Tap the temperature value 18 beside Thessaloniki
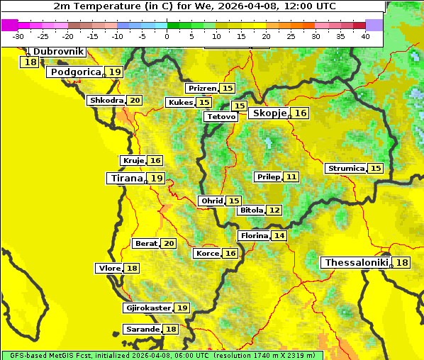point(402,263)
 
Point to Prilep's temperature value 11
point(291,176)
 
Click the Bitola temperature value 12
point(274,210)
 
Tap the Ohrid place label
point(211,201)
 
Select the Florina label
point(254,235)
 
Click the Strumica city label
point(345,169)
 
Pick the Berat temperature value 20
point(169,244)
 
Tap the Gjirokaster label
point(147,308)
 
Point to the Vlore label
point(109,268)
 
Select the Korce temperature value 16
point(230,254)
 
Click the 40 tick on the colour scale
point(365,36)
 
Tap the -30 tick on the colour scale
point(18,36)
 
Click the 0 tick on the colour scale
point(167,36)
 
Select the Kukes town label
point(180,103)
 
